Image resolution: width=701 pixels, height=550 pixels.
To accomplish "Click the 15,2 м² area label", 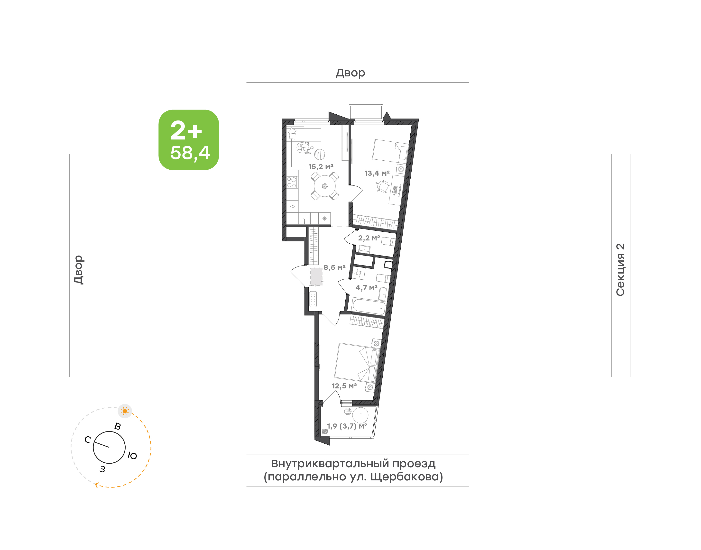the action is pyautogui.click(x=321, y=167).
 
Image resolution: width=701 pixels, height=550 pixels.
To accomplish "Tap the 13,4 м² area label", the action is pyautogui.click(x=377, y=173).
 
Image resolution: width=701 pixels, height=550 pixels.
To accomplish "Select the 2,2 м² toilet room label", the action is pyautogui.click(x=369, y=238).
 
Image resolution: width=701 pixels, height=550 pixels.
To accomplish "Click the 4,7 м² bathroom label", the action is pyautogui.click(x=366, y=288).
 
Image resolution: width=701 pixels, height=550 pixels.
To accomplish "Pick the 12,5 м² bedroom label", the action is pyautogui.click(x=344, y=386).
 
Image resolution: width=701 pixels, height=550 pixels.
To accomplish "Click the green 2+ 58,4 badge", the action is pyautogui.click(x=189, y=140).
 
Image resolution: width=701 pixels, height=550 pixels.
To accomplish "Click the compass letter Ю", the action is pyautogui.click(x=132, y=456).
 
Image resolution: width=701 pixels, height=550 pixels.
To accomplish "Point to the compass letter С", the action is pyautogui.click(x=88, y=440).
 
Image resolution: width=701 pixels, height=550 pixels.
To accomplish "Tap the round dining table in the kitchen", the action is pyautogui.click(x=325, y=186).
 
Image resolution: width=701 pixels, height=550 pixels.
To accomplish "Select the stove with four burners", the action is pyautogui.click(x=292, y=182).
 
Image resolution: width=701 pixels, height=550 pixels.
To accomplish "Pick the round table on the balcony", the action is pyautogui.click(x=360, y=415).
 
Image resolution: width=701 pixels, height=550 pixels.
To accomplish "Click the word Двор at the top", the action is pyautogui.click(x=350, y=73).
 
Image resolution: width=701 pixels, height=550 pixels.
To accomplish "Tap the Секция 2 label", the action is pyautogui.click(x=620, y=270).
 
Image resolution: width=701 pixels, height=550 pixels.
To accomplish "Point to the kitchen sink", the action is pyautogui.click(x=304, y=219).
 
